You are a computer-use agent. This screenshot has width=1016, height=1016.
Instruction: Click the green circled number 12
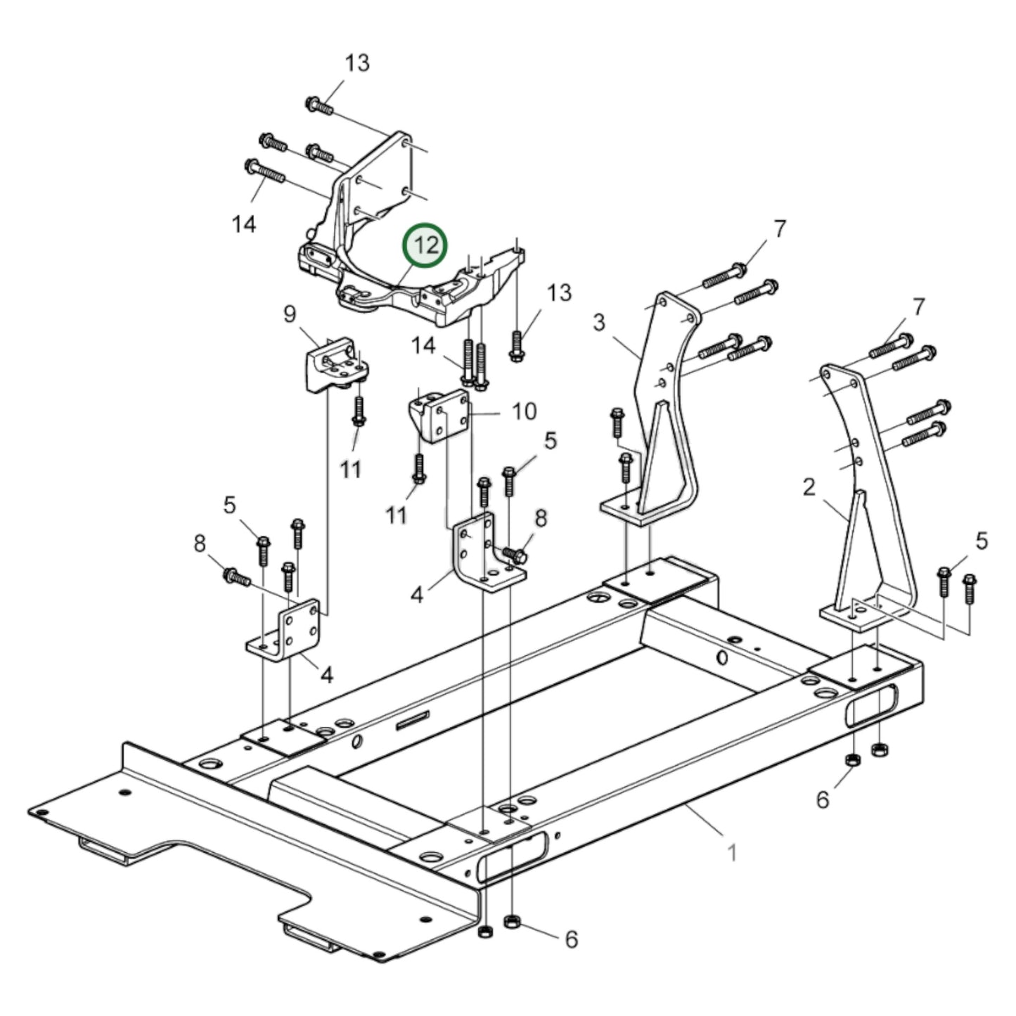pyautogui.click(x=425, y=245)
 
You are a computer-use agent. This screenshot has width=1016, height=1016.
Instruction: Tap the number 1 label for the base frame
pyautogui.click(x=732, y=853)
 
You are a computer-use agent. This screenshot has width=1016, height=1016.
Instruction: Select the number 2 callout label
pyautogui.click(x=809, y=487)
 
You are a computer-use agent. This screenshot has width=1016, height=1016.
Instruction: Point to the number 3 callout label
pyautogui.click(x=598, y=323)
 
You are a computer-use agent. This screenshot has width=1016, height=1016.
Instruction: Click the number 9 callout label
pyautogui.click(x=290, y=314)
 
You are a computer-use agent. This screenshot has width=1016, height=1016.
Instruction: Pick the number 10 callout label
pyautogui.click(x=524, y=411)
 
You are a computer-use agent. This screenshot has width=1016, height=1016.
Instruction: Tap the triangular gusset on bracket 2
pyautogui.click(x=854, y=555)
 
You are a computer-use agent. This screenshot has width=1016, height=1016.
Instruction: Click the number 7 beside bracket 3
pyautogui.click(x=779, y=229)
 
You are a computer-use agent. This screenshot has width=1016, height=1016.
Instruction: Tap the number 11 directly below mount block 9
pyautogui.click(x=351, y=469)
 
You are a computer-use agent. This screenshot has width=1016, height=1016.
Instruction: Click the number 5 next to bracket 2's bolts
pyautogui.click(x=982, y=541)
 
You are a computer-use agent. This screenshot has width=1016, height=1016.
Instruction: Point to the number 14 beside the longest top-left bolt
pyautogui.click(x=244, y=224)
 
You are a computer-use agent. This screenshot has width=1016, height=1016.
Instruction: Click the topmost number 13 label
pyautogui.click(x=356, y=63)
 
